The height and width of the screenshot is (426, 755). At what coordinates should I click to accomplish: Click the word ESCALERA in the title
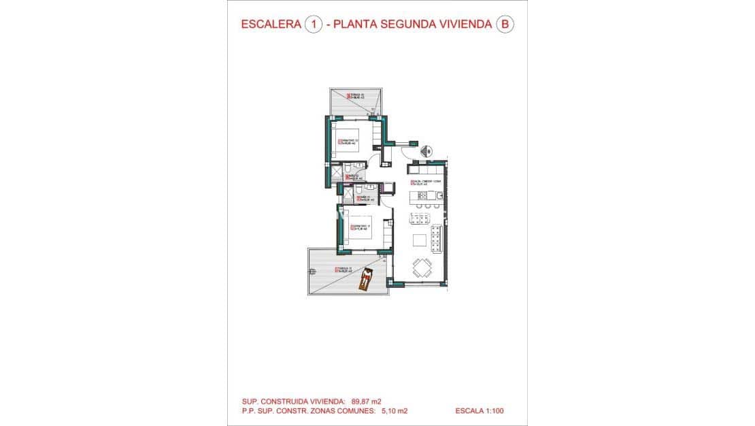[271, 24]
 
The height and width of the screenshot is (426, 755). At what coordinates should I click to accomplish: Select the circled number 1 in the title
[314, 24]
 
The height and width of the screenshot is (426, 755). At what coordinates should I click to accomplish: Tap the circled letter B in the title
[504, 24]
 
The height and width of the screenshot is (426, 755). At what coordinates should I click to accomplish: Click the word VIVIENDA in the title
[458, 24]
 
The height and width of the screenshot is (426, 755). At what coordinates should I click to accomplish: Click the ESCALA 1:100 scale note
[480, 411]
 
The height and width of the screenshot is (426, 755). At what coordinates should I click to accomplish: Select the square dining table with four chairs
[421, 269]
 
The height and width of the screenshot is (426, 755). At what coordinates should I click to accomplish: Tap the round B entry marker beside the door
[429, 151]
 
